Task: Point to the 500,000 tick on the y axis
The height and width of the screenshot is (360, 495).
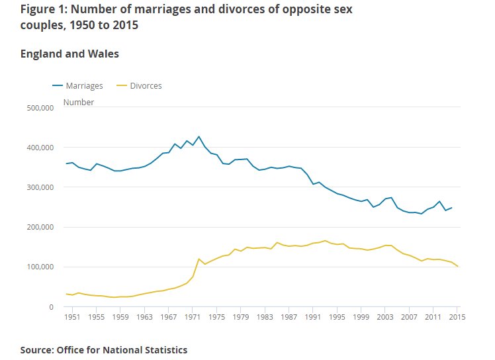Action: (x=40, y=107)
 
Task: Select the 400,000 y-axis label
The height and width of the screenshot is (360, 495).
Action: (x=40, y=148)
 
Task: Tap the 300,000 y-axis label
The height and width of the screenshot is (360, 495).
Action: (x=40, y=187)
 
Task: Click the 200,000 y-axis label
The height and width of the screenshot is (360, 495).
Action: (x=40, y=227)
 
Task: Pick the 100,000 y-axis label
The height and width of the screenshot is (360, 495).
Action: (x=40, y=267)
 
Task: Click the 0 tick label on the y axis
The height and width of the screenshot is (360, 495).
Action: (x=51, y=307)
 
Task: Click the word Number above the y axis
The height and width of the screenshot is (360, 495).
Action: (x=79, y=102)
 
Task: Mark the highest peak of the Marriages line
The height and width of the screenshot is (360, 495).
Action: (x=199, y=137)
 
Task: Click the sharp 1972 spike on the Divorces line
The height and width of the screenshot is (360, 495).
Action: (x=199, y=259)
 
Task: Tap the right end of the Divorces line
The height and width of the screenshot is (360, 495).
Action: (x=457, y=267)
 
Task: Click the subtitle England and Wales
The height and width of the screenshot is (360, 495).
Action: (x=70, y=54)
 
